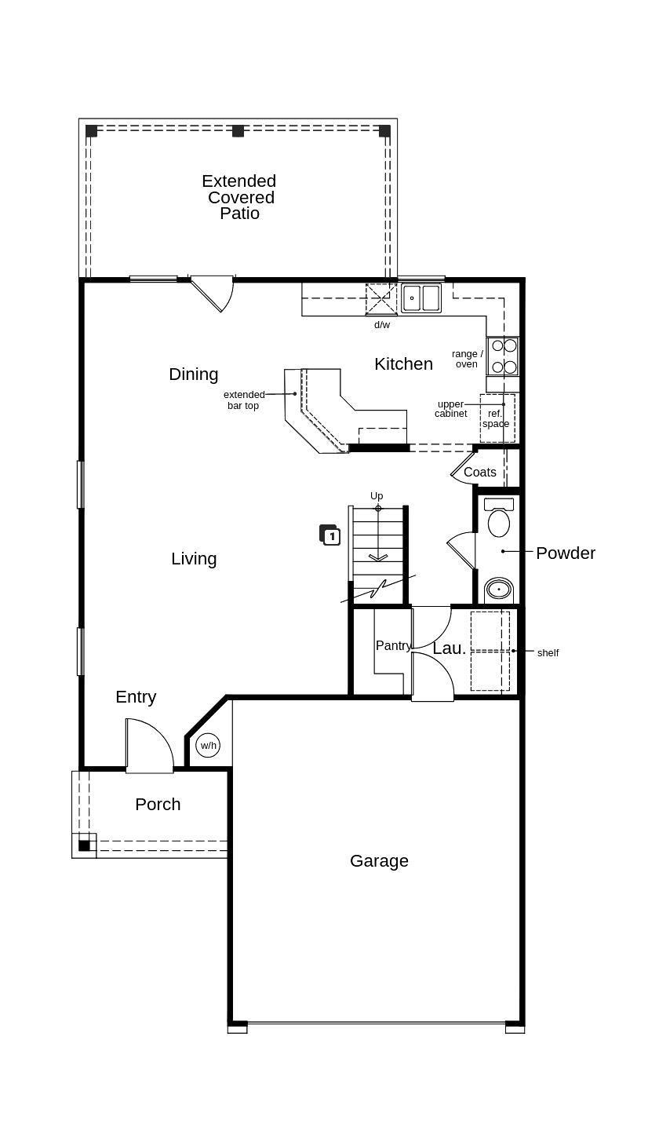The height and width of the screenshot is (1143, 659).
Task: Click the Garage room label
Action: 379,861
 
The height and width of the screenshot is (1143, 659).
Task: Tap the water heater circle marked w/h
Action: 208,745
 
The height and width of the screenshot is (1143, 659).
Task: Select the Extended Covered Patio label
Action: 239,197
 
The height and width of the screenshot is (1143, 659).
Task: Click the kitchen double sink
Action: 421,298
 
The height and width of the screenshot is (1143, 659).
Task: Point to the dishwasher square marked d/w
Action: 381,299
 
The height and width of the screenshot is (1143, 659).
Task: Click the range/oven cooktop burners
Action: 503,356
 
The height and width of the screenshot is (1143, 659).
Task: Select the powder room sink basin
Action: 499,589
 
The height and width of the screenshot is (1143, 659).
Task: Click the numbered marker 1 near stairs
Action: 330,536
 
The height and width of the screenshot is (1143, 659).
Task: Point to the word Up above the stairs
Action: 377,496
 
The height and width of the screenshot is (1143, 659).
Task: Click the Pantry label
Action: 393,645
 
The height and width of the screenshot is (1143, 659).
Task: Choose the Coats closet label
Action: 479,473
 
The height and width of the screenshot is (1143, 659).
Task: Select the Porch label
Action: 158,805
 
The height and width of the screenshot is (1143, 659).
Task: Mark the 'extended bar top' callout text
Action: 244,400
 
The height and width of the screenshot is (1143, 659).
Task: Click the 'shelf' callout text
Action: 548,652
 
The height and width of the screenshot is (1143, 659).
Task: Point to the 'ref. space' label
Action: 495,418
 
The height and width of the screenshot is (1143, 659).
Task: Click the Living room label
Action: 194,559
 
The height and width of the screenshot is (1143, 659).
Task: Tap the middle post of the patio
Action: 238,131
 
